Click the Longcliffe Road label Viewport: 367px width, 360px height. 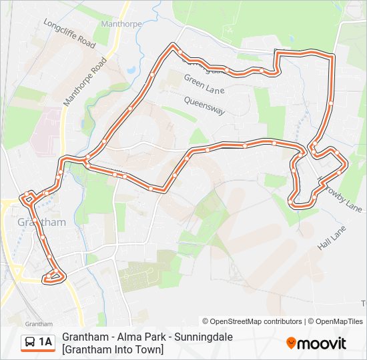69,31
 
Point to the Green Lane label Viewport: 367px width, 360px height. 204,84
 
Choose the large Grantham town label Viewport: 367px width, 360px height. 42,222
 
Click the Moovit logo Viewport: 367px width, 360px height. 316,343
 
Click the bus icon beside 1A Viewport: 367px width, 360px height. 31,343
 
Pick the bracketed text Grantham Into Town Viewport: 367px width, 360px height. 113,349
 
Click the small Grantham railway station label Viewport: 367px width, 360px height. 25,304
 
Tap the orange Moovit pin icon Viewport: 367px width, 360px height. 291,343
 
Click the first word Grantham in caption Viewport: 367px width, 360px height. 82,337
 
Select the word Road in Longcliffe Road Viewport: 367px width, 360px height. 86,41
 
